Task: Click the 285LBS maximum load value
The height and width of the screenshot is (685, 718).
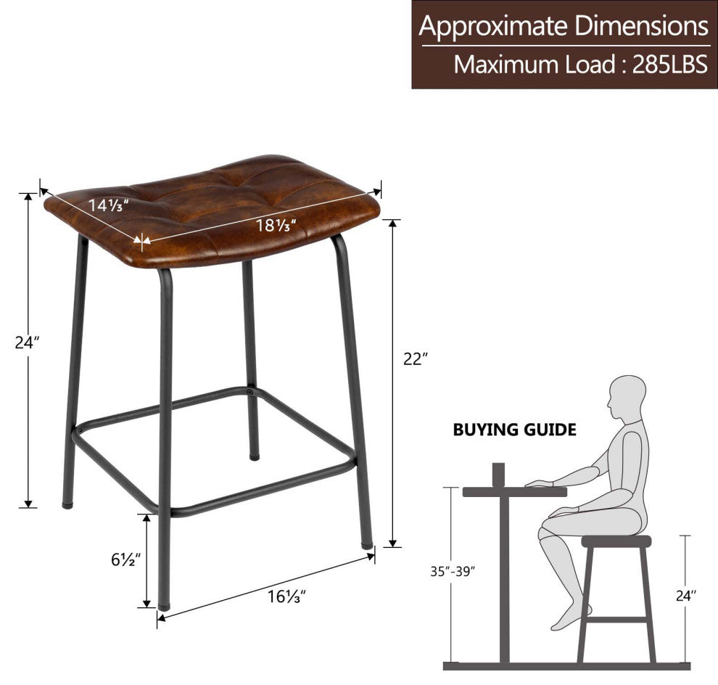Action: tap(670, 64)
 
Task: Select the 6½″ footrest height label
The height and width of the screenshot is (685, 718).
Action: tap(125, 559)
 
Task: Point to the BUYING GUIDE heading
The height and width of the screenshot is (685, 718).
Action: tap(515, 430)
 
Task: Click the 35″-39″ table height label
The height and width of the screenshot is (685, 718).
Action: tap(453, 571)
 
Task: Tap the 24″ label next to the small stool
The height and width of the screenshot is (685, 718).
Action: tap(686, 595)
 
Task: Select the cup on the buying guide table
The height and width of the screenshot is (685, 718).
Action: tap(498, 475)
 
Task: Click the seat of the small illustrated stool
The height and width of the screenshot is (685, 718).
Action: tap(616, 542)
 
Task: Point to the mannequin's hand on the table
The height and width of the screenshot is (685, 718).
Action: tap(539, 483)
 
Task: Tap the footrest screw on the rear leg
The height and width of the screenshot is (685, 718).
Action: tap(249, 392)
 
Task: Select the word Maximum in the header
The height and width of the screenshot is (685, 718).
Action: tap(507, 65)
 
